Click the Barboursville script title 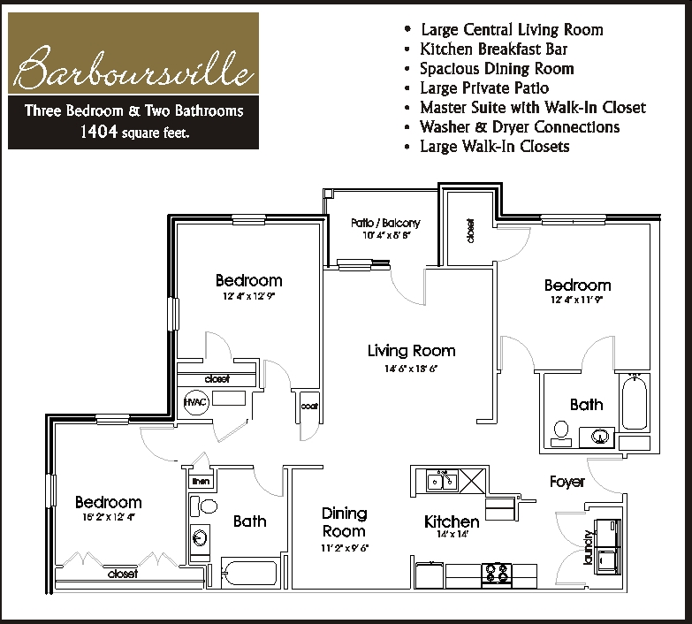coord(133,70)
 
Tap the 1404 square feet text coord(133,133)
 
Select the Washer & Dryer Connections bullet coord(520,126)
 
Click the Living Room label coord(411,351)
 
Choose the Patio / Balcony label coord(385,224)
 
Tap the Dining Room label coord(344,521)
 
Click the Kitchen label coord(452,521)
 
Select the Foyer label coord(567,482)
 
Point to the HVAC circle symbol coord(194,402)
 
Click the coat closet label coord(308,407)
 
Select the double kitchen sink coord(441,481)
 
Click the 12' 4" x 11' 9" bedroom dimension coord(577,301)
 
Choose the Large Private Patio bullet coord(484,88)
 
